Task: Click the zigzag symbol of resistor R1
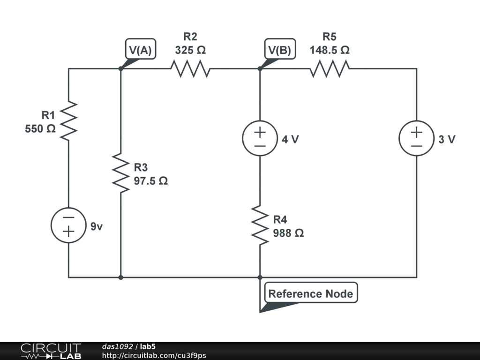point(68,120)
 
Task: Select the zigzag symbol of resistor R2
point(190,69)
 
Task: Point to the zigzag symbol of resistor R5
point(329,69)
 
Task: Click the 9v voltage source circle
point(68,225)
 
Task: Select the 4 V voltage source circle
point(260,139)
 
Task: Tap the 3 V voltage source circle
point(416,139)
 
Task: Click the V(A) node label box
point(140,50)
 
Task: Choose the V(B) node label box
point(279,50)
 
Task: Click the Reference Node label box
point(310,294)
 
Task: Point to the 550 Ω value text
point(40,128)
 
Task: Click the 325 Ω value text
point(190,50)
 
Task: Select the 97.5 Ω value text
point(151,181)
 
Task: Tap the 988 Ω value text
point(288,232)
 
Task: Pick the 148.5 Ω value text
point(330,50)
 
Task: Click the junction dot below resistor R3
point(121,277)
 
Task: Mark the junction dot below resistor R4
point(260,277)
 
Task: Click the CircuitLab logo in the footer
point(51,351)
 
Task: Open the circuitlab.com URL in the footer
point(154,356)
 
